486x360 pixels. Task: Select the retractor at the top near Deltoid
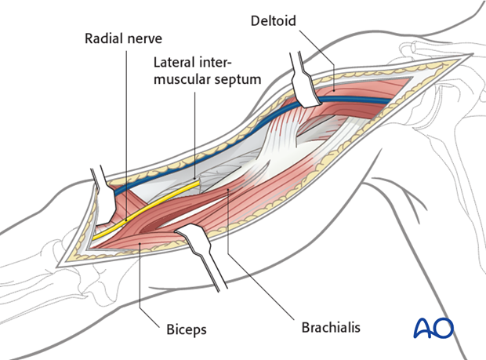pos(303,82)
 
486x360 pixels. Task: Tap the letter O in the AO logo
pos(444,327)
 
